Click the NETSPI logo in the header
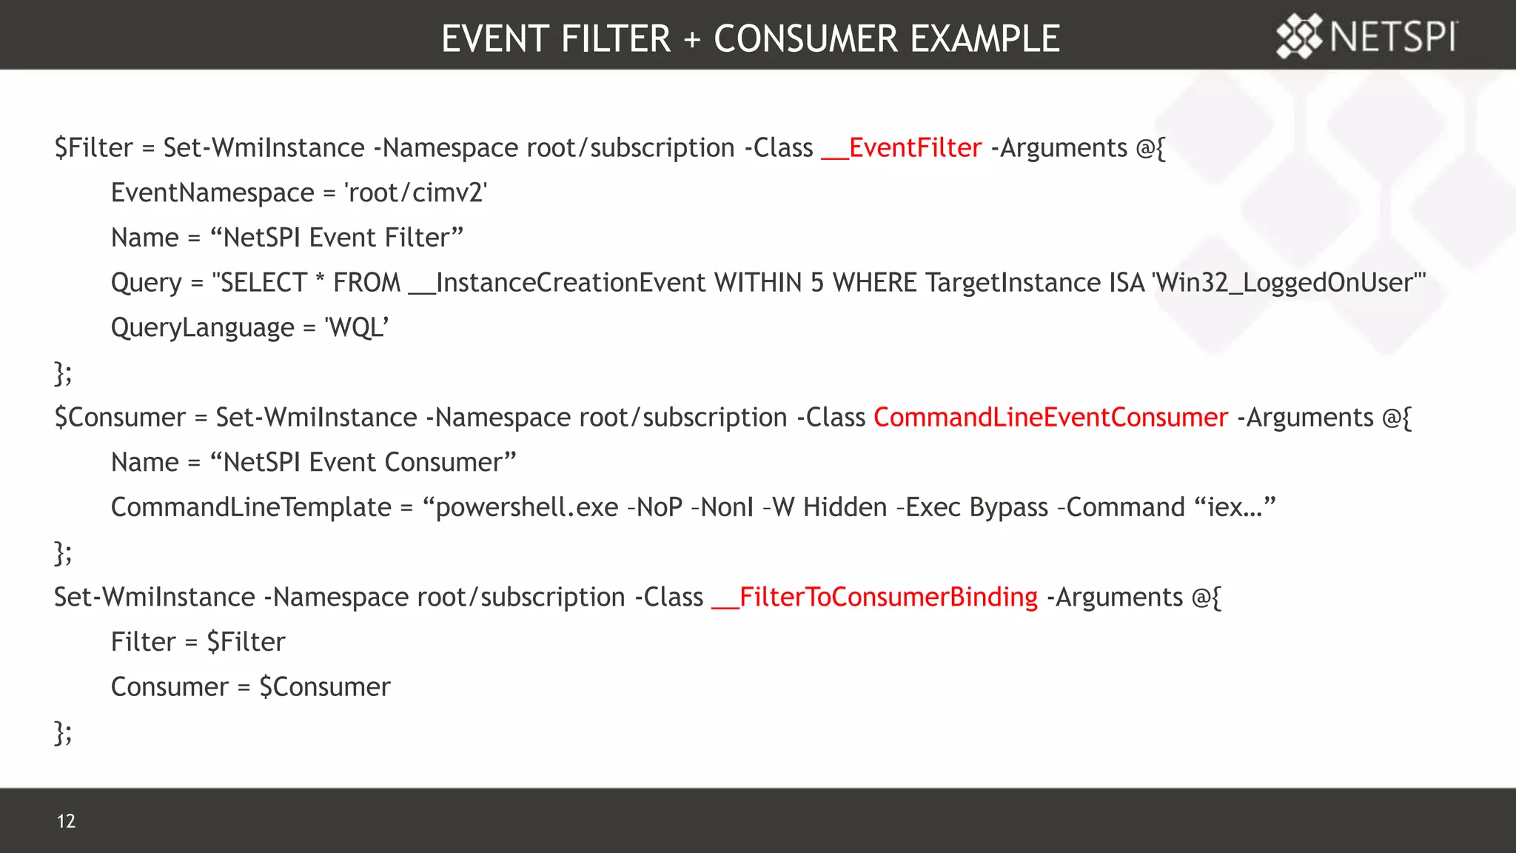[x=1366, y=36]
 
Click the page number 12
[x=66, y=820]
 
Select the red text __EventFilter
[x=901, y=148]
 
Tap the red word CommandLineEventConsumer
[x=1050, y=418]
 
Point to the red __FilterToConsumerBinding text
[x=874, y=597]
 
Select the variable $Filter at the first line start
[x=93, y=148]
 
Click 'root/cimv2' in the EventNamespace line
[x=416, y=193]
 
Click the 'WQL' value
[x=357, y=327]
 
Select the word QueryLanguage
[x=202, y=327]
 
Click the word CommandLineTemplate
[x=251, y=507]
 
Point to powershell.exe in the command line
[x=526, y=507]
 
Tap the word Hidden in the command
[x=845, y=507]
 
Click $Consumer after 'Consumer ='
[x=324, y=687]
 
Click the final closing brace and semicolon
[x=63, y=733]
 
